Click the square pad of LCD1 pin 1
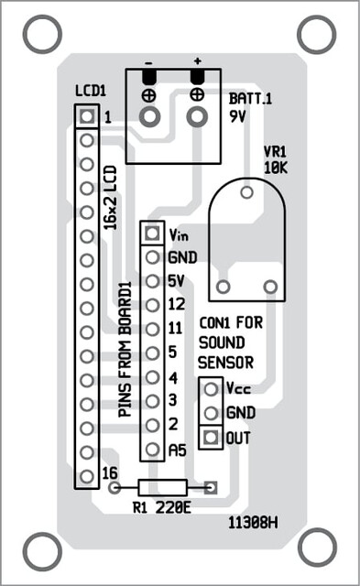[x=87, y=116]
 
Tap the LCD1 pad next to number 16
[x=87, y=476]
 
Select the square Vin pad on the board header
[x=152, y=233]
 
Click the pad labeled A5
[x=152, y=449]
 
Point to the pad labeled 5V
[x=152, y=281]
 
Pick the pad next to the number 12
[x=152, y=305]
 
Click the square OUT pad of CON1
[x=211, y=437]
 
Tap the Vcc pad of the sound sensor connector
[x=211, y=389]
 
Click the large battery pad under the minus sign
[x=149, y=117]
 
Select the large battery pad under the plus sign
[x=197, y=117]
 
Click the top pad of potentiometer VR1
[x=246, y=192]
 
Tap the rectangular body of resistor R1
[x=163, y=487]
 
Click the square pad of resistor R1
[x=211, y=487]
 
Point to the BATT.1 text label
[x=250, y=99]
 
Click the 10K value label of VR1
[x=276, y=168]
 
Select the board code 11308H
[x=253, y=523]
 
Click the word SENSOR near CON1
[x=225, y=363]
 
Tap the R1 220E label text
[x=162, y=508]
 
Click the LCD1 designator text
[x=91, y=91]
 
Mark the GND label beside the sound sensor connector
[x=241, y=413]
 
